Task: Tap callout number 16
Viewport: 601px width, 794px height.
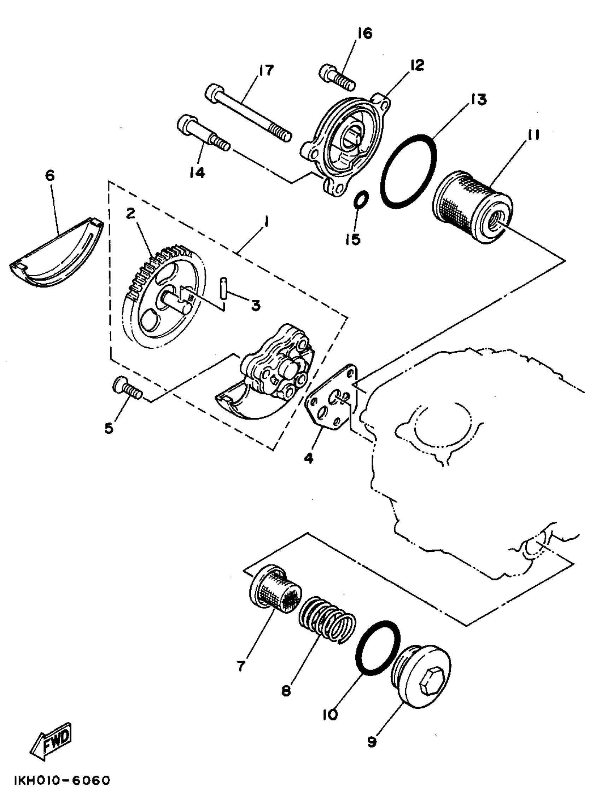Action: coord(365,33)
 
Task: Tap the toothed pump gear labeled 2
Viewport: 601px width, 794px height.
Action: coord(163,298)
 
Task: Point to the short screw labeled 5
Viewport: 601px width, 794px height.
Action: coord(127,390)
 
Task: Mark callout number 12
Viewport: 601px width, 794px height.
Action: coord(416,65)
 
